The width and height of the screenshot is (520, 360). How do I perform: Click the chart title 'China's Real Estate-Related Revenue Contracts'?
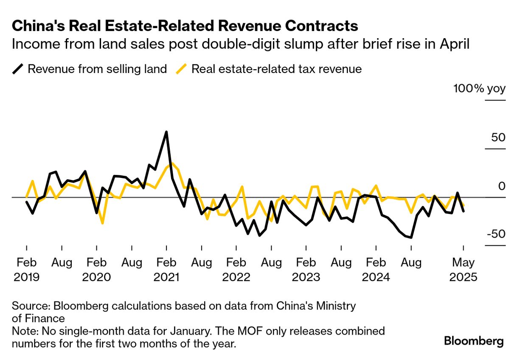[185, 26]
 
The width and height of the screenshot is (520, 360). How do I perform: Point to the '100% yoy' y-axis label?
[479, 89]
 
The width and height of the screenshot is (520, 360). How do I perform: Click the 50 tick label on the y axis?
[496, 138]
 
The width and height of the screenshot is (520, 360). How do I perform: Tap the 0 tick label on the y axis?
[501, 186]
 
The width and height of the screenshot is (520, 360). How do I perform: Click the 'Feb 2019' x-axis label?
[26, 270]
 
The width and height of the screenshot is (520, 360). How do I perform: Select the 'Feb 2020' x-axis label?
[96, 270]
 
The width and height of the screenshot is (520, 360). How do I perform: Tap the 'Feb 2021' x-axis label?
[166, 270]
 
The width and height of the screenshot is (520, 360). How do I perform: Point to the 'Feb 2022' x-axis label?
[236, 270]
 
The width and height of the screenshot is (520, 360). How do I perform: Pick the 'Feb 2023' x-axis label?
[306, 270]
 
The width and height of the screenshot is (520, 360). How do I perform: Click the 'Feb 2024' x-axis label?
[376, 270]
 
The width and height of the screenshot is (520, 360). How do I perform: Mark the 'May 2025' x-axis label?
[463, 270]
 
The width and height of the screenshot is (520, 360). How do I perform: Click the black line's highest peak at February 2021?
[166, 132]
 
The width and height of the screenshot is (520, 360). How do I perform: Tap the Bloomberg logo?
[474, 341]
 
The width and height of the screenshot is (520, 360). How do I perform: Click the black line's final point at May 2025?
[463, 211]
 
